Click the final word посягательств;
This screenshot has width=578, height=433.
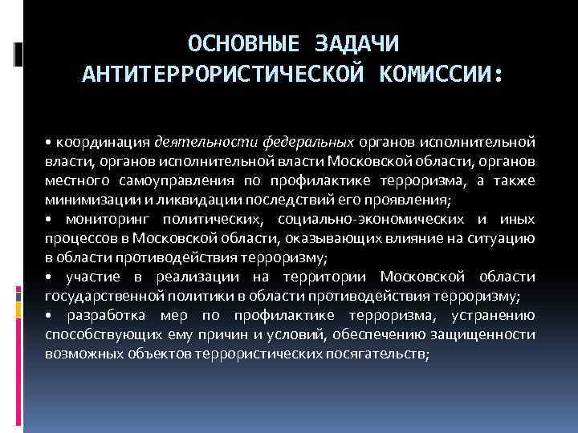[x=380, y=354]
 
